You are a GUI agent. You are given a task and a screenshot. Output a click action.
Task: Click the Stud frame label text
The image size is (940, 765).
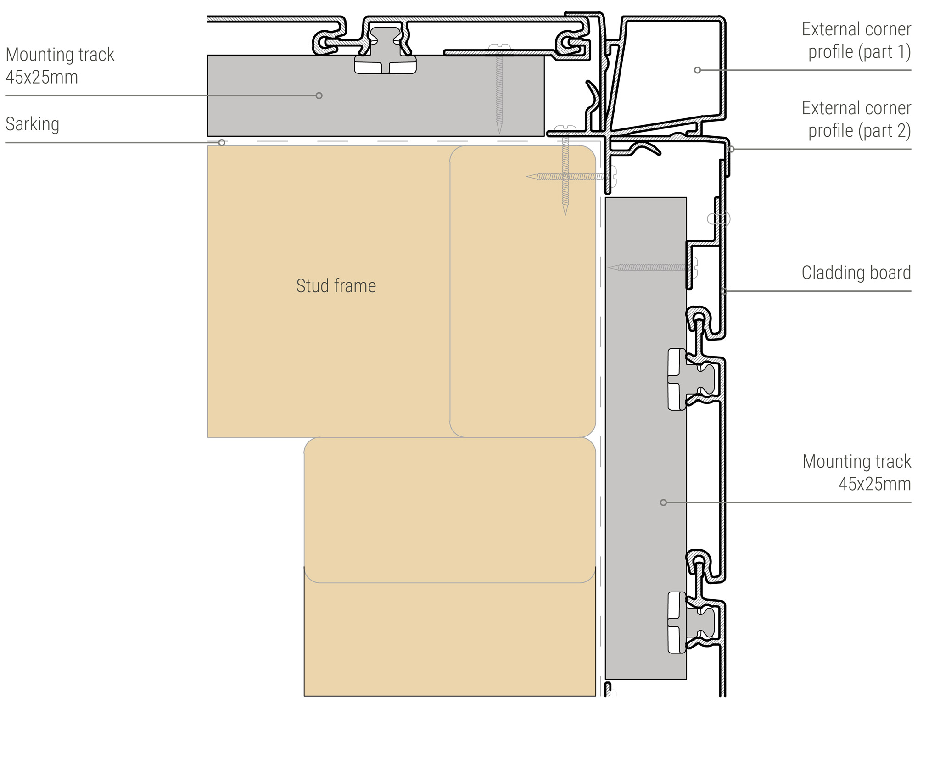pyautogui.click(x=336, y=286)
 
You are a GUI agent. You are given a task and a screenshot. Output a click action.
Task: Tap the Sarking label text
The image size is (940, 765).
pyautogui.click(x=32, y=124)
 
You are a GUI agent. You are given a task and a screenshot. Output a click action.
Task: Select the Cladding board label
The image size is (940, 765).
pyautogui.click(x=856, y=273)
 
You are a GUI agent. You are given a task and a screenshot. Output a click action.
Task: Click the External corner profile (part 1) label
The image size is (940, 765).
pyautogui.click(x=856, y=40)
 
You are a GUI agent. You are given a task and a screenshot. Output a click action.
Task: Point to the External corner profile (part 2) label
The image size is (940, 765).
pyautogui.click(x=856, y=119)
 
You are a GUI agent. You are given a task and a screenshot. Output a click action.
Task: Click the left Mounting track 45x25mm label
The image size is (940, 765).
pyautogui.click(x=60, y=66)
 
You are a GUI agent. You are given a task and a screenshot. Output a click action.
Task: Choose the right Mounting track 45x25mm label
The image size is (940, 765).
pyautogui.click(x=856, y=472)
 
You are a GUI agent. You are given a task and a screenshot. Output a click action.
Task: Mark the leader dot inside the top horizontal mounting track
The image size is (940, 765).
pyautogui.click(x=319, y=95)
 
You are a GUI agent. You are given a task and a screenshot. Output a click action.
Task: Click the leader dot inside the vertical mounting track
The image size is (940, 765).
pyautogui.click(x=663, y=503)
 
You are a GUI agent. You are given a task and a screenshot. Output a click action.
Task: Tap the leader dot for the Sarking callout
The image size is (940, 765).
pyautogui.click(x=222, y=143)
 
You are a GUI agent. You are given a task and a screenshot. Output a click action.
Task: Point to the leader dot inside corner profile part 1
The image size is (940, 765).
pyautogui.click(x=697, y=70)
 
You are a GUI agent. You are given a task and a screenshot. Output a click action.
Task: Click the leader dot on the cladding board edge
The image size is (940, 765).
pyautogui.click(x=724, y=291)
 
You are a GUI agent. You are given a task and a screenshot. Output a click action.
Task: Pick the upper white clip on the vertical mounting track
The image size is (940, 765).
pyautogui.click(x=677, y=379)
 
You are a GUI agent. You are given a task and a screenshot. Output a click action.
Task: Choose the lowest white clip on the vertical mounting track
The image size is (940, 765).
pyautogui.click(x=677, y=622)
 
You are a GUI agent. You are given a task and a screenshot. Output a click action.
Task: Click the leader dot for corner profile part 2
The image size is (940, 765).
pyautogui.click(x=732, y=149)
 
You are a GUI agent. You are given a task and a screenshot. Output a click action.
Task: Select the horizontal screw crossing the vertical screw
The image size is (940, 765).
pyautogui.click(x=569, y=176)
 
